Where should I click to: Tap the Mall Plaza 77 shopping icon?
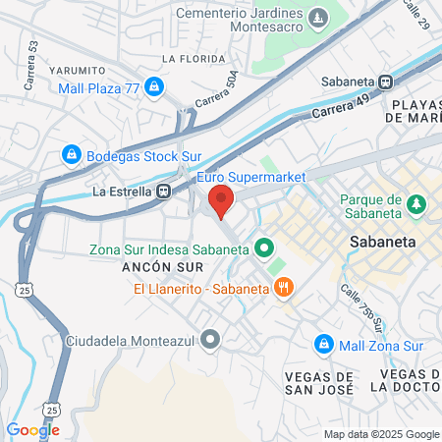point(154,87)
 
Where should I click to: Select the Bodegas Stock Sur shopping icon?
point(71,154)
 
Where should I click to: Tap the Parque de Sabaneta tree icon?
point(417,203)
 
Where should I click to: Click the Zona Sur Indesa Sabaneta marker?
point(263,249)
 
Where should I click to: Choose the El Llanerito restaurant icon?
point(283,288)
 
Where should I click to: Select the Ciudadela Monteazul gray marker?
point(209,341)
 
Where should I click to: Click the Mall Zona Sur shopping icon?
point(323,343)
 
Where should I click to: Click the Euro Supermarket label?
point(251,177)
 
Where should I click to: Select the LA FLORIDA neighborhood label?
point(189,59)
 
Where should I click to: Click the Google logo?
point(32,429)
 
